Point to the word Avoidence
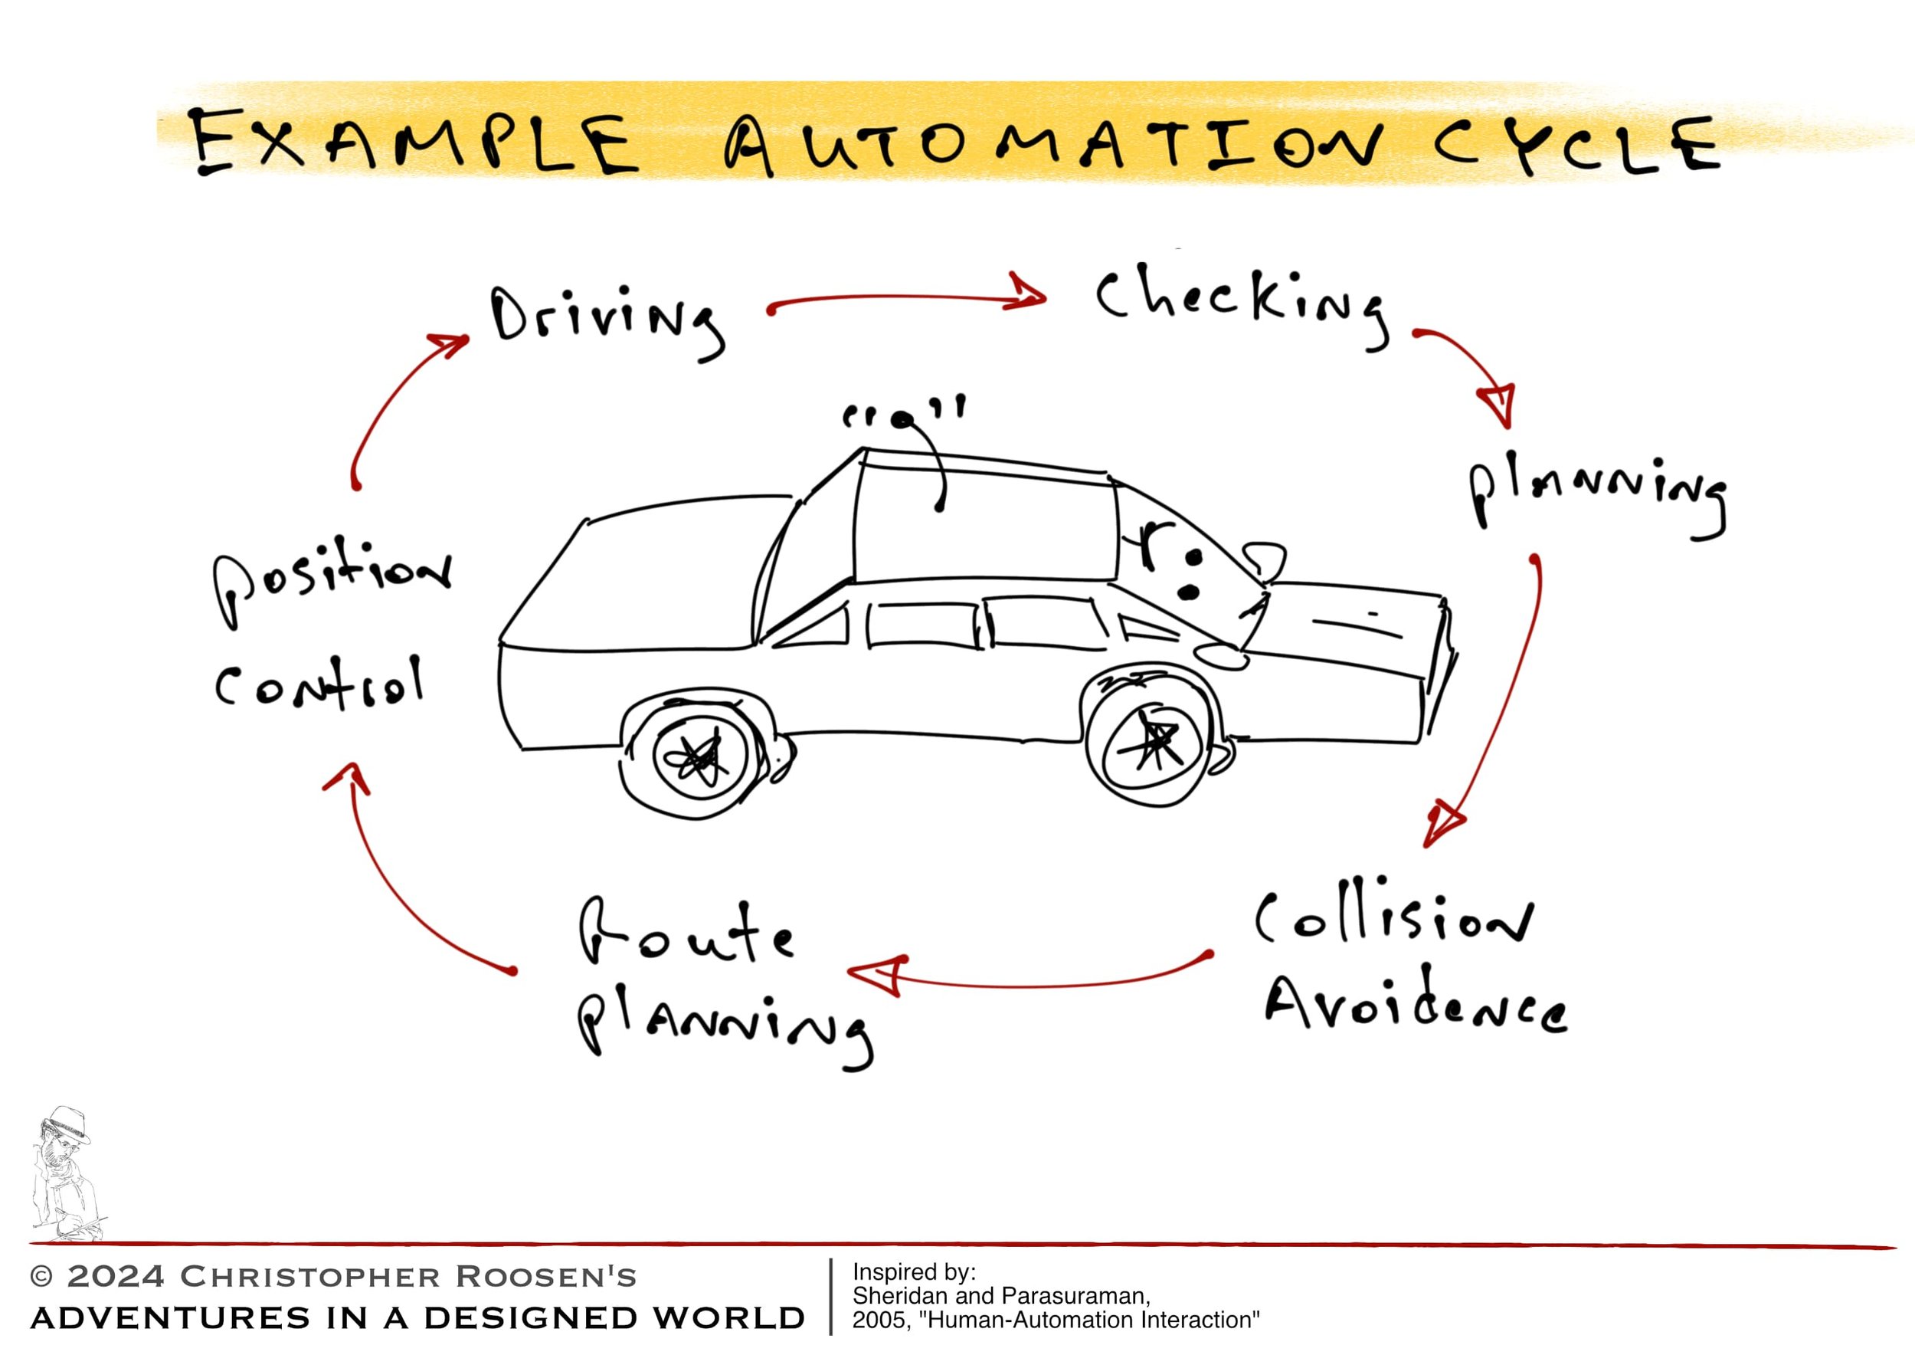1415,1006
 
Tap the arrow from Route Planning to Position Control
401,884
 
